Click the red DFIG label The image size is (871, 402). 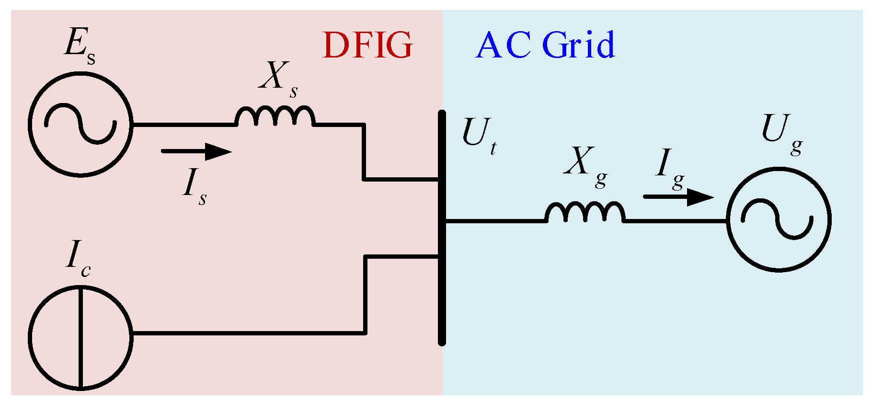point(367,45)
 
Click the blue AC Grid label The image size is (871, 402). point(545,45)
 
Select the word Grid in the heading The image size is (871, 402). point(578,45)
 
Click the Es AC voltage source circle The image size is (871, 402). point(80,124)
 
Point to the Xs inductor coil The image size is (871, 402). point(275,117)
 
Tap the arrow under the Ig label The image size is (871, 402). point(678,196)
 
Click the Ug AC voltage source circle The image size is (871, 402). point(779,219)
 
